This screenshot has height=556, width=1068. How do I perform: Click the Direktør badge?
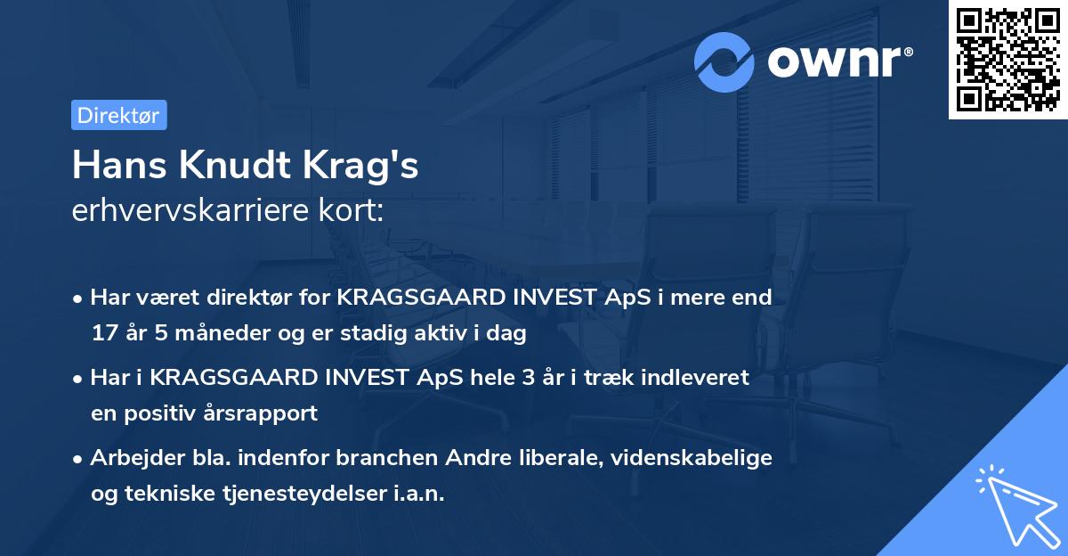[118, 115]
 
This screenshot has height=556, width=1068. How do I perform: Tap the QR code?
[1007, 60]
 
